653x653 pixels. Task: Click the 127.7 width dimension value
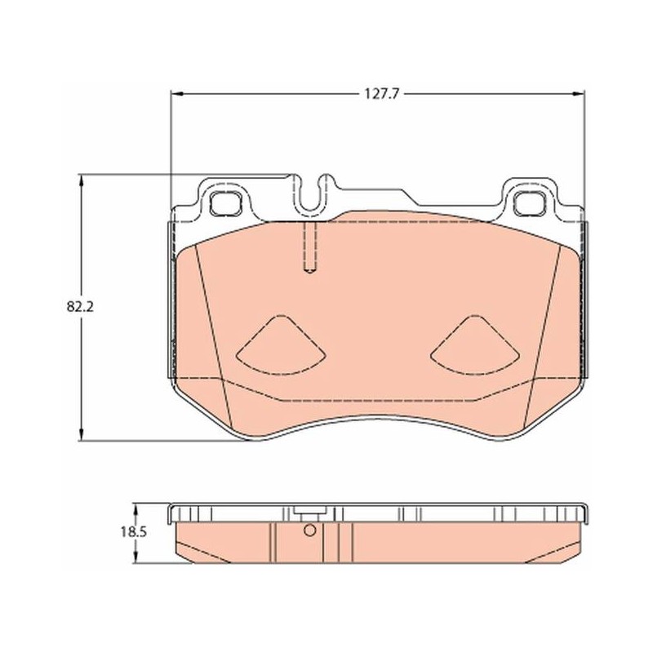(382, 94)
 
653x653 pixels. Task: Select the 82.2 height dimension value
(80, 307)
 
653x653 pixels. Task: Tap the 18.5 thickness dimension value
(134, 532)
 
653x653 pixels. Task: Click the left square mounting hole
(226, 204)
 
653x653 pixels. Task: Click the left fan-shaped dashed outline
(281, 344)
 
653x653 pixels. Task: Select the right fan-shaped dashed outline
(475, 344)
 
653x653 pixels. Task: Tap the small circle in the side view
(310, 531)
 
